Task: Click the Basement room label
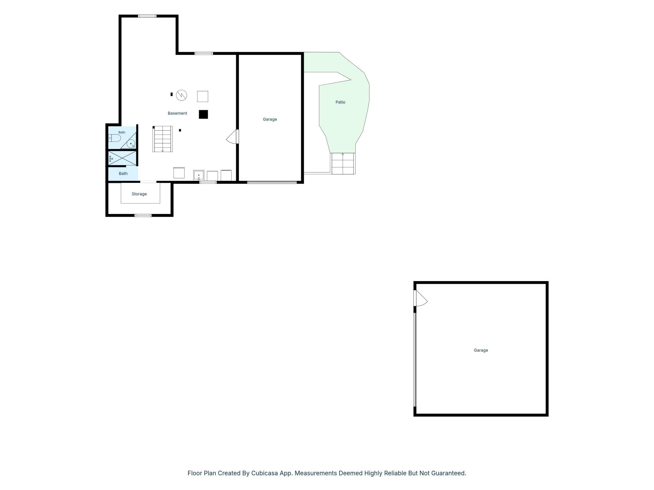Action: pos(177,113)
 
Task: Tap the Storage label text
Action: pos(139,194)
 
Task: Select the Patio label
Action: pos(340,102)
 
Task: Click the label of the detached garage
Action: pos(481,350)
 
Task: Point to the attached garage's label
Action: pos(270,119)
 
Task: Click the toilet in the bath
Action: pos(114,138)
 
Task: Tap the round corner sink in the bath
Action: pos(131,144)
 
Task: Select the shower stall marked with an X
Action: pos(122,158)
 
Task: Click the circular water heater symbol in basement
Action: pos(181,95)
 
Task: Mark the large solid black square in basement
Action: pos(203,114)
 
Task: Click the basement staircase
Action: pos(163,139)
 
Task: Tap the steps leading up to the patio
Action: pos(343,164)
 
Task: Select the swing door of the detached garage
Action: pos(421,298)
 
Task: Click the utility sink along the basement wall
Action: pos(199,175)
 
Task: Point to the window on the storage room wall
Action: pos(143,215)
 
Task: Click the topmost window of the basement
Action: pos(147,16)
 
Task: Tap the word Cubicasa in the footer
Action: pos(264,473)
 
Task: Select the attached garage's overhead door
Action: pos(272,182)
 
